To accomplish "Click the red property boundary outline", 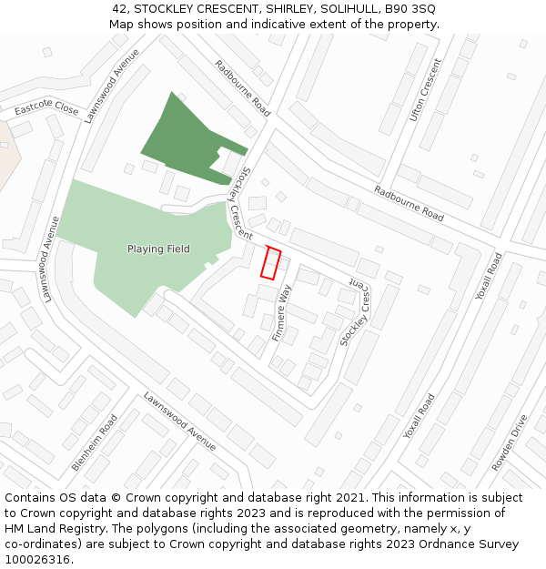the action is (x=271, y=263).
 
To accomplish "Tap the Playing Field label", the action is (x=158, y=249).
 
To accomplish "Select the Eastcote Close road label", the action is (x=46, y=108).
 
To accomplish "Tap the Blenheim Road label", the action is (x=95, y=443).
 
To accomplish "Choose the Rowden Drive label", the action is (x=509, y=443).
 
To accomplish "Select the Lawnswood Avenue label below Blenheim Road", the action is (x=180, y=422).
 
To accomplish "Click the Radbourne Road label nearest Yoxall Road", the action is (x=409, y=203).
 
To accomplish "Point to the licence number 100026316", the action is (x=37, y=560).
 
